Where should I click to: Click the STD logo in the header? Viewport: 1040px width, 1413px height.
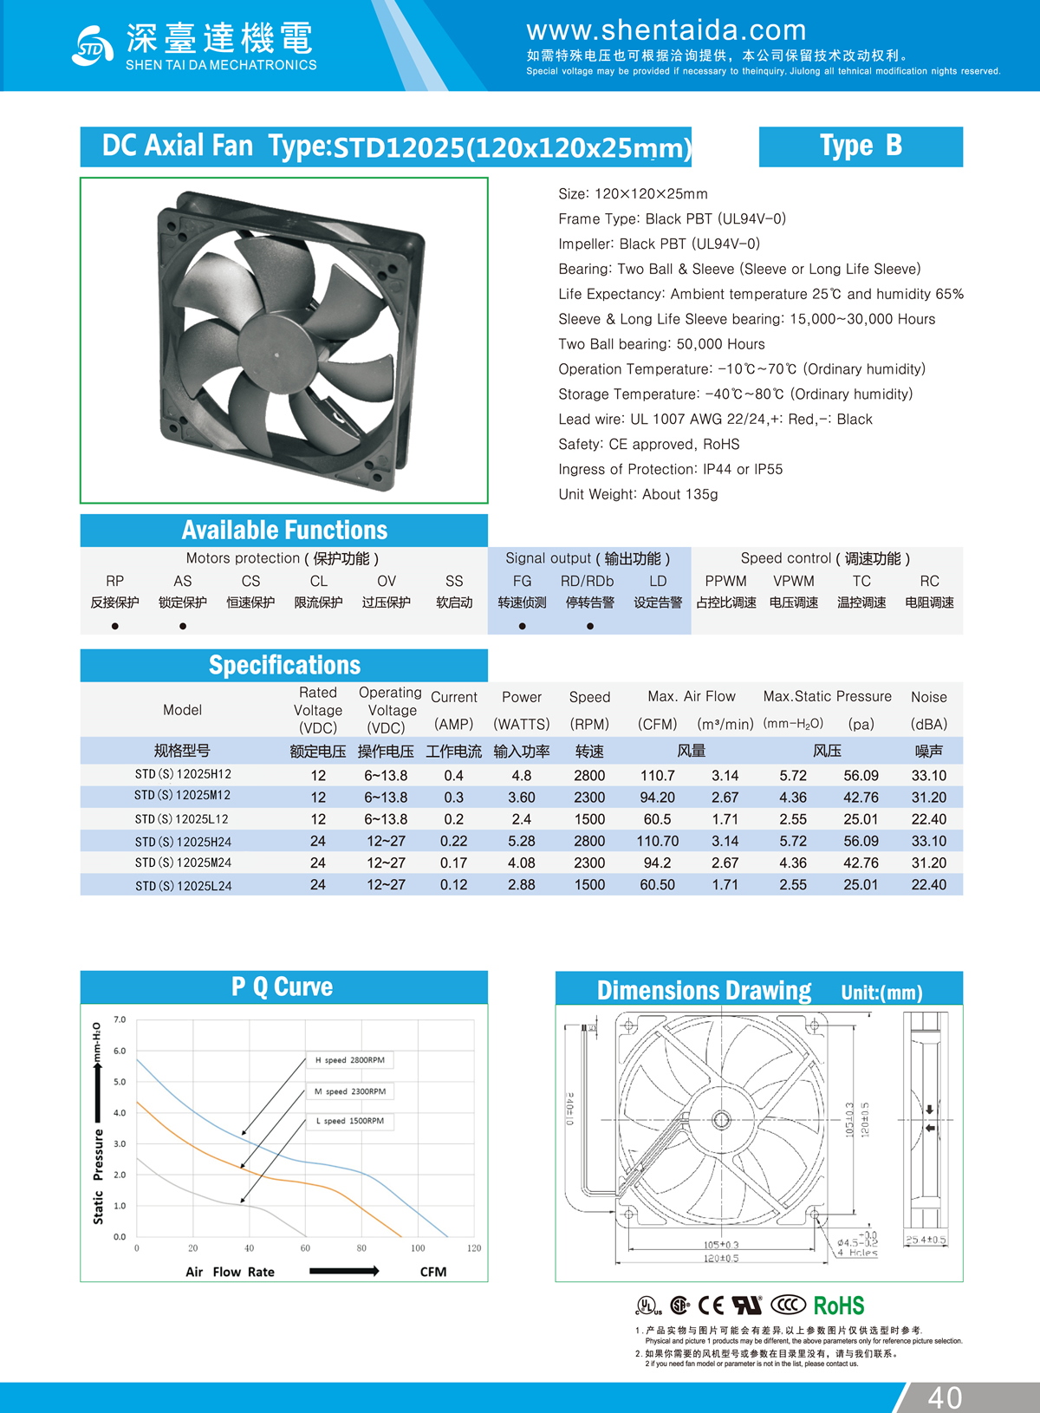[92, 47]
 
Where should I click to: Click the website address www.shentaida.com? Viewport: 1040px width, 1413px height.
[666, 30]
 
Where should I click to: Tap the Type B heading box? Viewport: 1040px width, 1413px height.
[861, 147]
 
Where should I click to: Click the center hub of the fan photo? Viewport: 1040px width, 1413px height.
[276, 354]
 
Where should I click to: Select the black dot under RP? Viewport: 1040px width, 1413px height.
[114, 626]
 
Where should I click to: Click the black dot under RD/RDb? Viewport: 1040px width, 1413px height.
[590, 626]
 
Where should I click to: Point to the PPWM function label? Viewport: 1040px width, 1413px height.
[725, 581]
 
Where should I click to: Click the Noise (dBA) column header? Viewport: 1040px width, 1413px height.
[928, 710]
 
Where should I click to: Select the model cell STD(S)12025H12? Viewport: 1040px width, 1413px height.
[183, 774]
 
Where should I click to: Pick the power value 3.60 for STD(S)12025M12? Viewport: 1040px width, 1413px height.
[522, 798]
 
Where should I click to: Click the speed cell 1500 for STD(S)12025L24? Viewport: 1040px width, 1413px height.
[589, 885]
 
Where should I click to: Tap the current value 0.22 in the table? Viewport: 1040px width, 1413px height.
[453, 841]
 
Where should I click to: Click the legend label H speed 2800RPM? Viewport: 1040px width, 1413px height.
[350, 1060]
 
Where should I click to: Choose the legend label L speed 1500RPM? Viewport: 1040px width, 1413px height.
[350, 1121]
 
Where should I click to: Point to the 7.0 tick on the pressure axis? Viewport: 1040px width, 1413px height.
[120, 1019]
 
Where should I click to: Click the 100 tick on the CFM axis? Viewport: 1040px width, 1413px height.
[418, 1248]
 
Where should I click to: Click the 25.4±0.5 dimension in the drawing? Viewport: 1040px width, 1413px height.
[926, 1240]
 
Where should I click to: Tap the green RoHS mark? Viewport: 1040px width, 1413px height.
[838, 1306]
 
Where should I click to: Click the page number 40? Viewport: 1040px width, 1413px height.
[945, 1397]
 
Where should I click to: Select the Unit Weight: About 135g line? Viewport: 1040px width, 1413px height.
[638, 494]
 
